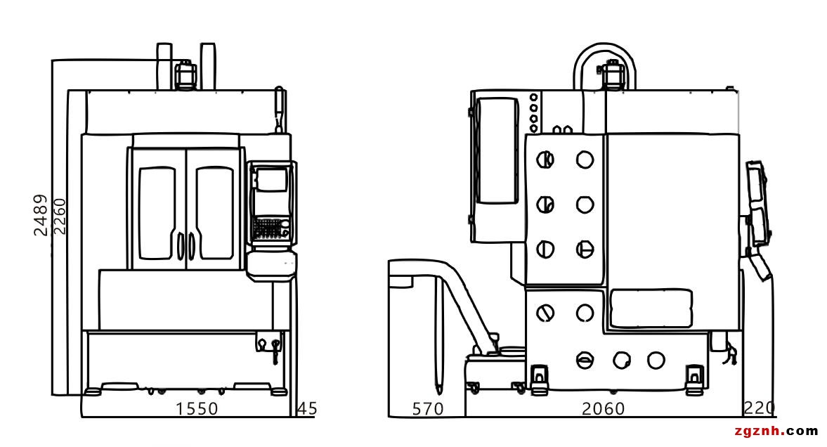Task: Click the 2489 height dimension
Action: (40, 215)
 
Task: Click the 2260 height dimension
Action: (59, 216)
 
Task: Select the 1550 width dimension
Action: (196, 408)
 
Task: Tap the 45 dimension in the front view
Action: (308, 408)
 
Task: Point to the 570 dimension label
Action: (428, 408)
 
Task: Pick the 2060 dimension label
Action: (603, 408)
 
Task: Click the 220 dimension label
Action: (759, 408)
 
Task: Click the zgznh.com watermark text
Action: (776, 431)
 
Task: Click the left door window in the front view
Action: (157, 213)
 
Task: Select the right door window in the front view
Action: (214, 213)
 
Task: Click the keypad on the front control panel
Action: (268, 229)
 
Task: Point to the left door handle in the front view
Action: (180, 247)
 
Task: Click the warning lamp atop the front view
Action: (185, 74)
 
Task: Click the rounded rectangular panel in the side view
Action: (651, 308)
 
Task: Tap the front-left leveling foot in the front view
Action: (92, 391)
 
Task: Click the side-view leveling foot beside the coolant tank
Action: (539, 380)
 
